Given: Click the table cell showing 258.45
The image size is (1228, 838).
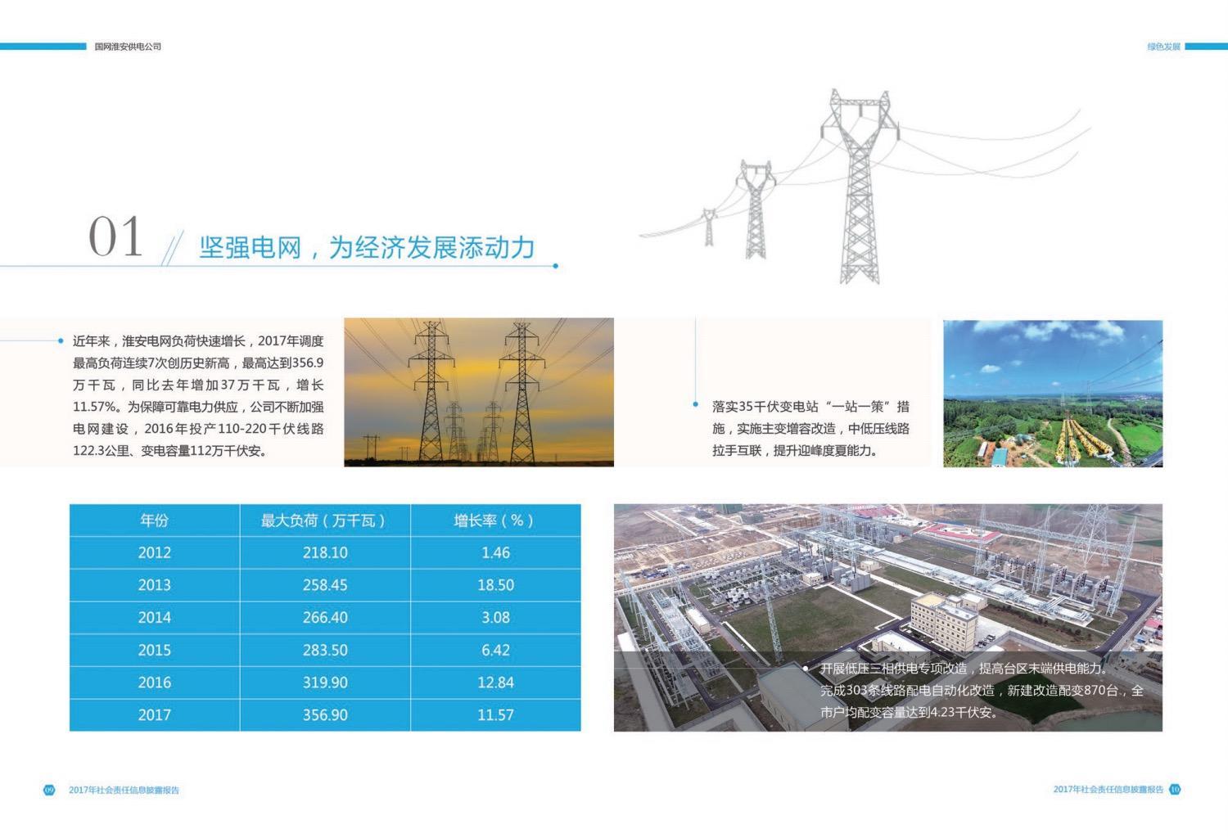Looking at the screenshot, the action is pos(325,585).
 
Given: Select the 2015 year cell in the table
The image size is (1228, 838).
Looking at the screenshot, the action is pos(155,650).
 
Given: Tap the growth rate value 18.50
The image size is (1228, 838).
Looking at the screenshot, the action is pos(495,585).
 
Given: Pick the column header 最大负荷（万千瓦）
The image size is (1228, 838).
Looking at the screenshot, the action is pos(325,520).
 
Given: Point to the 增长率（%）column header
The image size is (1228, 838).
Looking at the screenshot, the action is pos(495,520).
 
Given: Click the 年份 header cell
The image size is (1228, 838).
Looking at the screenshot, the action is pos(155,520).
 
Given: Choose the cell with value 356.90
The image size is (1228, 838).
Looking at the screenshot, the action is pos(325,714).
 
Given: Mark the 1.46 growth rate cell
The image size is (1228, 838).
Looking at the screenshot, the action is pos(495,552).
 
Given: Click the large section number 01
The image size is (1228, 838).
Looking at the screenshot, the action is pos(115,237).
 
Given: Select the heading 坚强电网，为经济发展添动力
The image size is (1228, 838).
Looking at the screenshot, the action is pos(367,248).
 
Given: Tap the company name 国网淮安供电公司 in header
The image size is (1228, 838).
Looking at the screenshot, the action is pos(128,47).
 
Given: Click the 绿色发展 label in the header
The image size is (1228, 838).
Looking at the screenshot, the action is pos(1163,47).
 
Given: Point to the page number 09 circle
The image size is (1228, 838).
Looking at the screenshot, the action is pos(49,790).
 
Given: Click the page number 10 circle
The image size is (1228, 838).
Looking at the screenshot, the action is pos(1175,789).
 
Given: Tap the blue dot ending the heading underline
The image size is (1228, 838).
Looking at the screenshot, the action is pos(555,266).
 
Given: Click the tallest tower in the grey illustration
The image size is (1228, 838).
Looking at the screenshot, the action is pos(859,187).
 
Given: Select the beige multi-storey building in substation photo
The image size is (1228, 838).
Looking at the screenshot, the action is pos(944,621).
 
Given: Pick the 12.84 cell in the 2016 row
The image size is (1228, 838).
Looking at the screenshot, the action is pos(495,683).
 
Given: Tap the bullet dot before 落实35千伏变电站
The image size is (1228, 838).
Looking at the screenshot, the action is pos(695,404).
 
